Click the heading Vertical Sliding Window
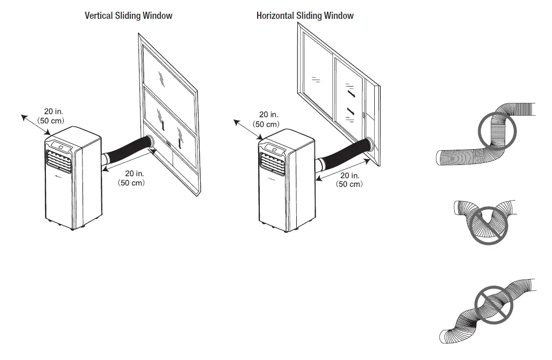tap(128, 16)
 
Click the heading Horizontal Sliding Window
tap(305, 16)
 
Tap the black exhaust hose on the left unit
tap(127, 148)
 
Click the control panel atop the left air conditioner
tap(61, 145)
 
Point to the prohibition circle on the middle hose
tap(488, 225)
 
